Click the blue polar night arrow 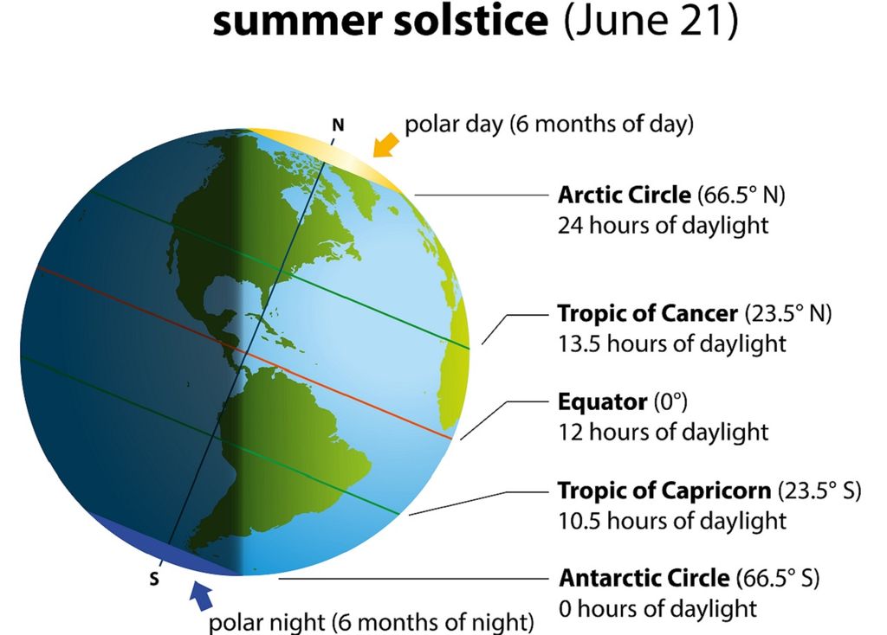point(201,595)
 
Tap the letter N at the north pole point(338,125)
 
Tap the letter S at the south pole point(154,579)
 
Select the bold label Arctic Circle point(624,195)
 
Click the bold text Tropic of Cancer point(648,313)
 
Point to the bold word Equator point(602,401)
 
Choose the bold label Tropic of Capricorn point(664,491)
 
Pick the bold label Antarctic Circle point(644,578)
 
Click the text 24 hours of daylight point(663,226)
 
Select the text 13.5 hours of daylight point(672,343)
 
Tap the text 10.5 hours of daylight point(672,521)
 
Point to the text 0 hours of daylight point(658,608)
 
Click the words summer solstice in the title point(380,21)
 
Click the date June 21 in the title point(651,21)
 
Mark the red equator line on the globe point(244,353)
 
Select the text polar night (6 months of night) point(371,622)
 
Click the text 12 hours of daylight point(663,433)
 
